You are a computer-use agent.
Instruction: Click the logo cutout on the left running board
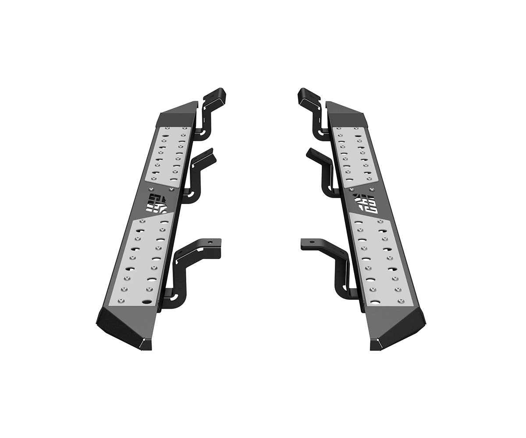[158, 203]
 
